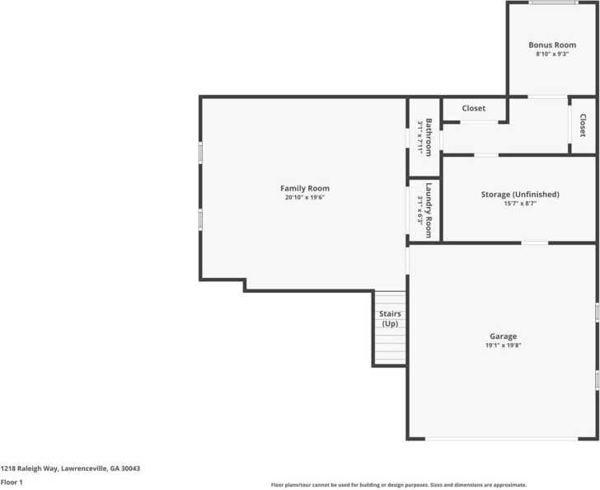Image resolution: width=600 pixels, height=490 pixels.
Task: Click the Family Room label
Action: [x=304, y=189]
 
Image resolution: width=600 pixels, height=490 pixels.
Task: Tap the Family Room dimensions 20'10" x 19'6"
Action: [x=304, y=198]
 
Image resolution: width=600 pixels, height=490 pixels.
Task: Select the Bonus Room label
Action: [x=551, y=45]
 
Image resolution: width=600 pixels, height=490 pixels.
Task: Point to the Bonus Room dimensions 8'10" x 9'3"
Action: [x=551, y=54]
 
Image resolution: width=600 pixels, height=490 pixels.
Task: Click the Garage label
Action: [x=503, y=337]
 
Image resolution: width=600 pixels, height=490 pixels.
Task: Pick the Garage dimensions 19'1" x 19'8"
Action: [x=503, y=346]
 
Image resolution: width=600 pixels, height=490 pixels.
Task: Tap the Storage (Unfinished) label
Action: [x=519, y=195]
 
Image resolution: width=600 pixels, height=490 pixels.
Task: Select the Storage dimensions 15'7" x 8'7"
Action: [x=519, y=204]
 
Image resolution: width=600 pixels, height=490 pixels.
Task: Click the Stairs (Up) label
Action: [x=389, y=318]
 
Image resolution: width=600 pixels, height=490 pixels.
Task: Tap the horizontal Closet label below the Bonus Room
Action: [x=473, y=109]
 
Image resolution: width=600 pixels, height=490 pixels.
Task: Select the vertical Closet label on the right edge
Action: [x=582, y=125]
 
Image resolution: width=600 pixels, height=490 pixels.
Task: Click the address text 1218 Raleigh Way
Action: [x=70, y=469]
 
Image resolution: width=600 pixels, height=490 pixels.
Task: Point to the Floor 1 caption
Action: [x=12, y=481]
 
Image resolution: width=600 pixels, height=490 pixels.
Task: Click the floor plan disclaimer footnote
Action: [x=398, y=485]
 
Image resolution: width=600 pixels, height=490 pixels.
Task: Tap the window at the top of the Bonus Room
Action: [x=552, y=2]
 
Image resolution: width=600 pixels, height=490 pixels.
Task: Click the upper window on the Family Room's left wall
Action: [x=200, y=153]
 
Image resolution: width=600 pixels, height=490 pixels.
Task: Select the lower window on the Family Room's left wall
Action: [x=200, y=219]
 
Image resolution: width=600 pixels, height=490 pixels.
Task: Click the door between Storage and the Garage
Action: [x=535, y=243]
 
